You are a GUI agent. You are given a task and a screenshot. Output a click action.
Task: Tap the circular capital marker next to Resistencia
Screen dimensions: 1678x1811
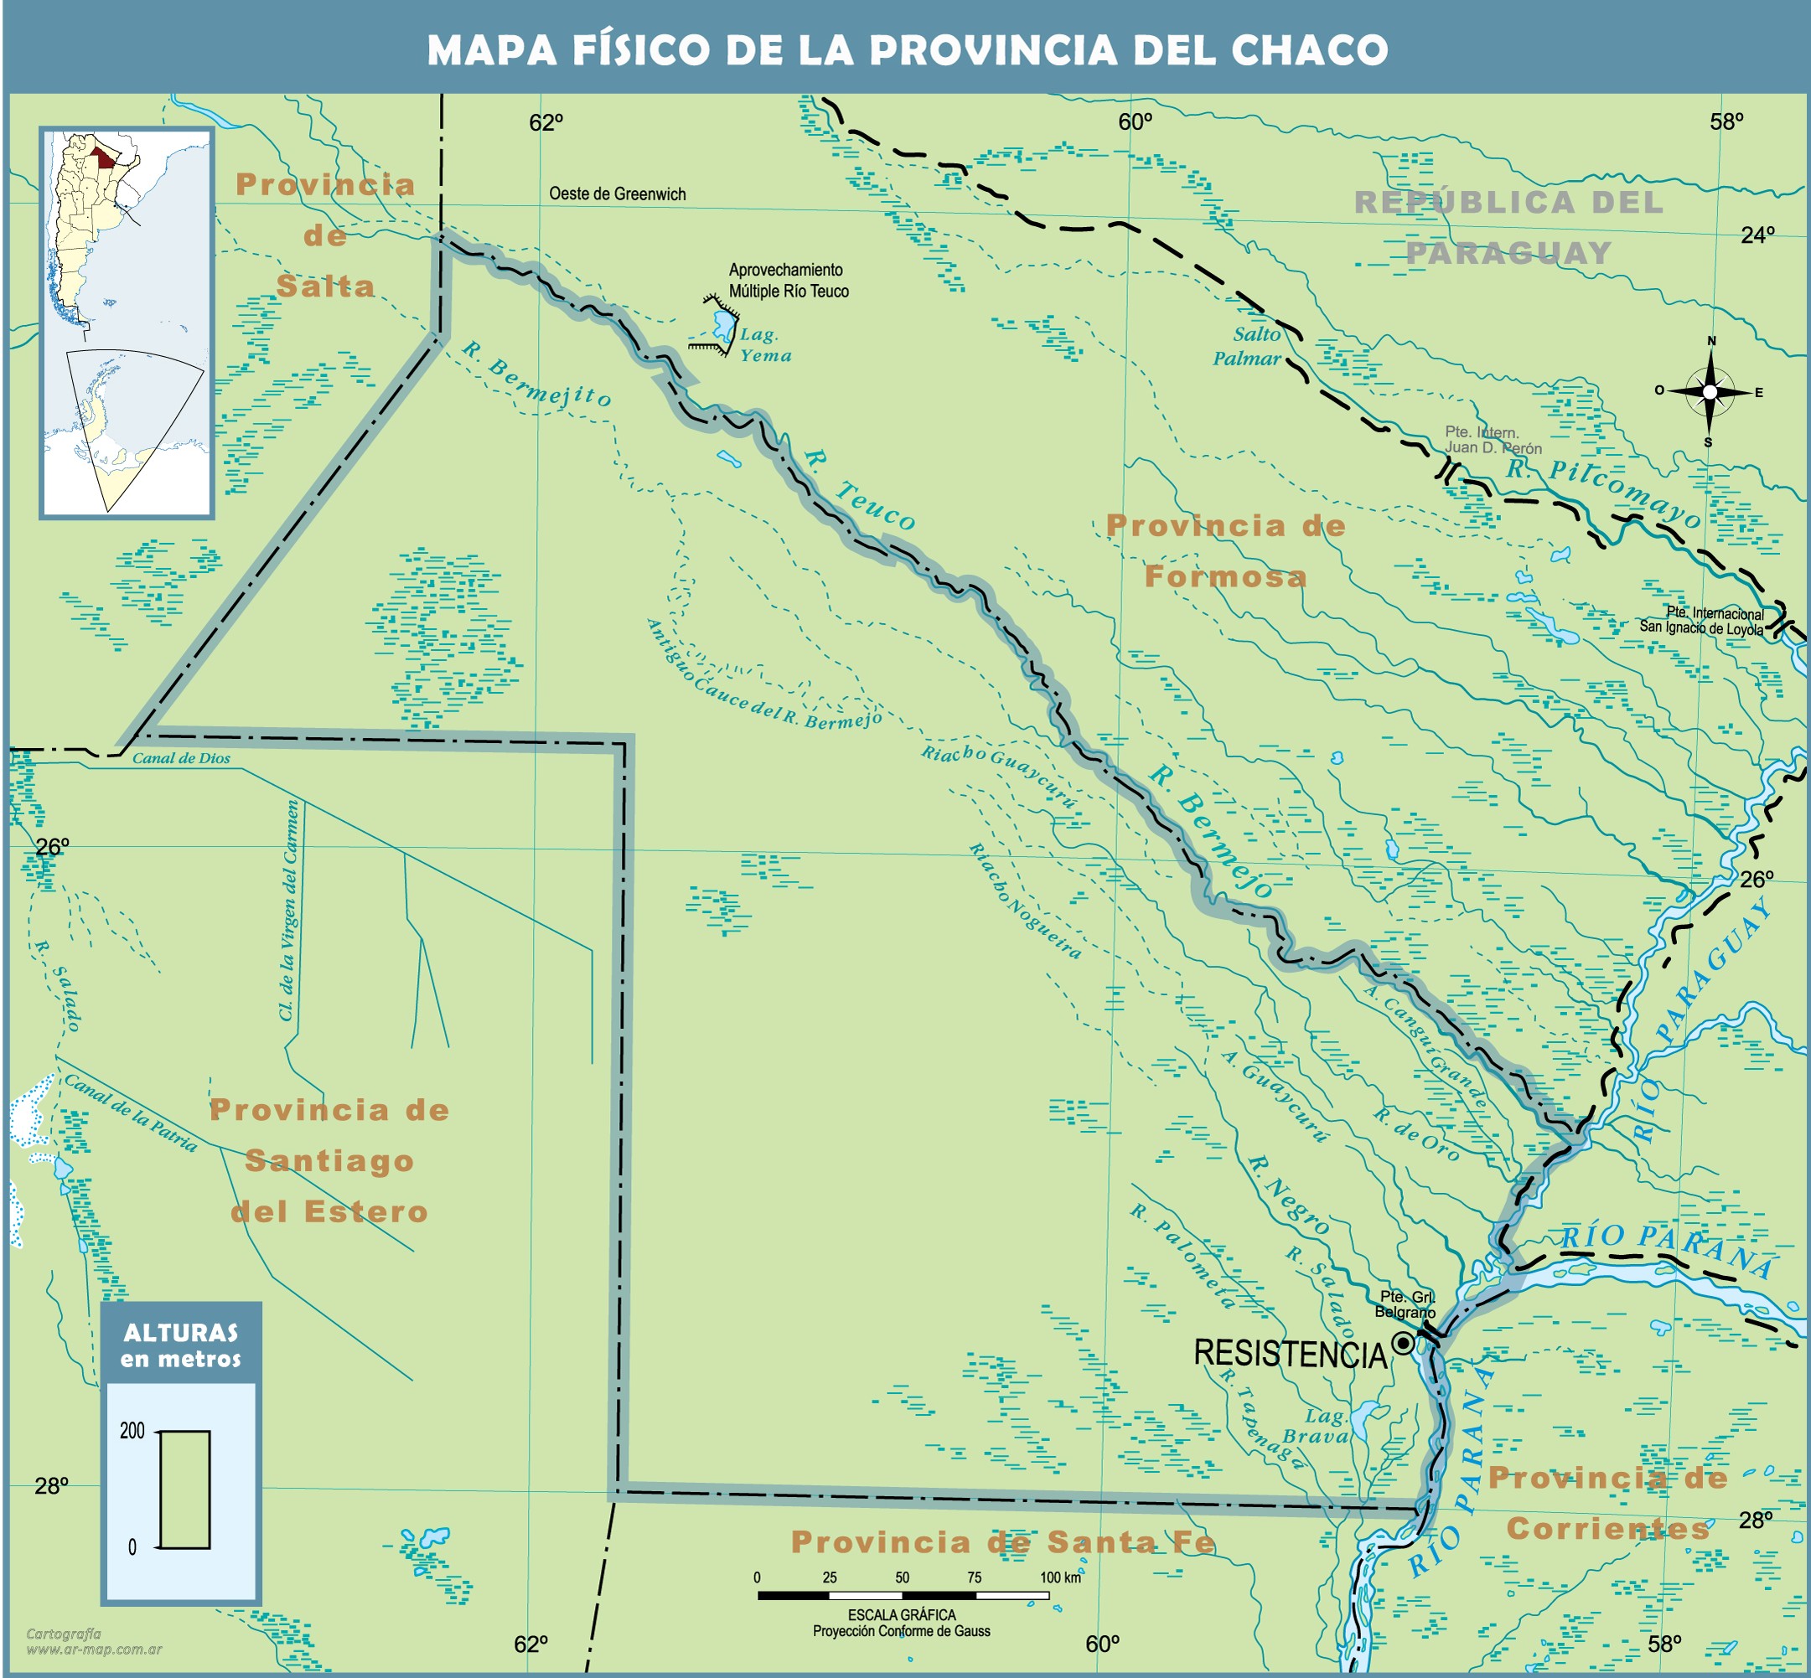[1403, 1343]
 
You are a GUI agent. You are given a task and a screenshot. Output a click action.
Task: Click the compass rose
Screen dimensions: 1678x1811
[1710, 392]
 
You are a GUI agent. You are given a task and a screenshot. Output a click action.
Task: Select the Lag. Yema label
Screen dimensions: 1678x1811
[765, 345]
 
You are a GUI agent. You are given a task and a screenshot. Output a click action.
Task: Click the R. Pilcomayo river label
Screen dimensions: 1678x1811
[1603, 493]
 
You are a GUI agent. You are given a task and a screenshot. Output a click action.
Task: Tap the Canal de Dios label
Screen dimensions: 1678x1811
[181, 758]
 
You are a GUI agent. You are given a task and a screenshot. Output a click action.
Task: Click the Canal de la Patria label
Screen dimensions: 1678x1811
[130, 1113]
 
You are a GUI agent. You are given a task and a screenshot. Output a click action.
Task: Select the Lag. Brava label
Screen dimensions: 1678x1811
[1316, 1427]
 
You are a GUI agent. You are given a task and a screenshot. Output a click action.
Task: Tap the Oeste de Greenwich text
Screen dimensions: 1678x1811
[617, 194]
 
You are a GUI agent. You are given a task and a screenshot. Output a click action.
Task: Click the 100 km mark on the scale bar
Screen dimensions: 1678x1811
[1059, 1577]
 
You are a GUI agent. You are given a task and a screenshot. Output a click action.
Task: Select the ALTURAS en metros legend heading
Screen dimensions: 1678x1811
[181, 1345]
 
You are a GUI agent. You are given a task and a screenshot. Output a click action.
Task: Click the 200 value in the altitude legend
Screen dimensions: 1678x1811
[132, 1431]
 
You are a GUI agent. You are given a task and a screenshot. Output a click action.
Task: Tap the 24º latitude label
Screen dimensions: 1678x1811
[1757, 235]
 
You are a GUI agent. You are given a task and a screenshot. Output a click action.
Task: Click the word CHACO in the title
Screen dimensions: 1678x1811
[1309, 50]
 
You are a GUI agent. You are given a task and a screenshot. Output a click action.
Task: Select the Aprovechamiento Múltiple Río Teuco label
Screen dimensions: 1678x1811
[789, 281]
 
